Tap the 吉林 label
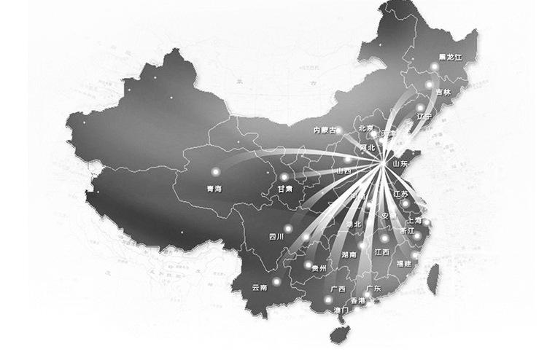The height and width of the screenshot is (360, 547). [443, 93]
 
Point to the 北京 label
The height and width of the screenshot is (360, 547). [365, 129]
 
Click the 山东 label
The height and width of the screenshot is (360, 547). [400, 164]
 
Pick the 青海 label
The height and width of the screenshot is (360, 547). [215, 189]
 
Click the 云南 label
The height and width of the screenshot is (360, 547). [259, 288]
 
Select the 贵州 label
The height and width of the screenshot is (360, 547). [318, 268]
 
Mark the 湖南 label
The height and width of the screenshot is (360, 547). [349, 255]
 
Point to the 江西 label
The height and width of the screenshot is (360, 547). [381, 251]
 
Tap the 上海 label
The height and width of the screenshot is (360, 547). [413, 219]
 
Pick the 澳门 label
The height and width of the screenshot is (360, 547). [341, 310]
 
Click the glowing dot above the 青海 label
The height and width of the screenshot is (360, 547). [215, 172]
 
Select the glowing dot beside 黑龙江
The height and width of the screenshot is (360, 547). [434, 67]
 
